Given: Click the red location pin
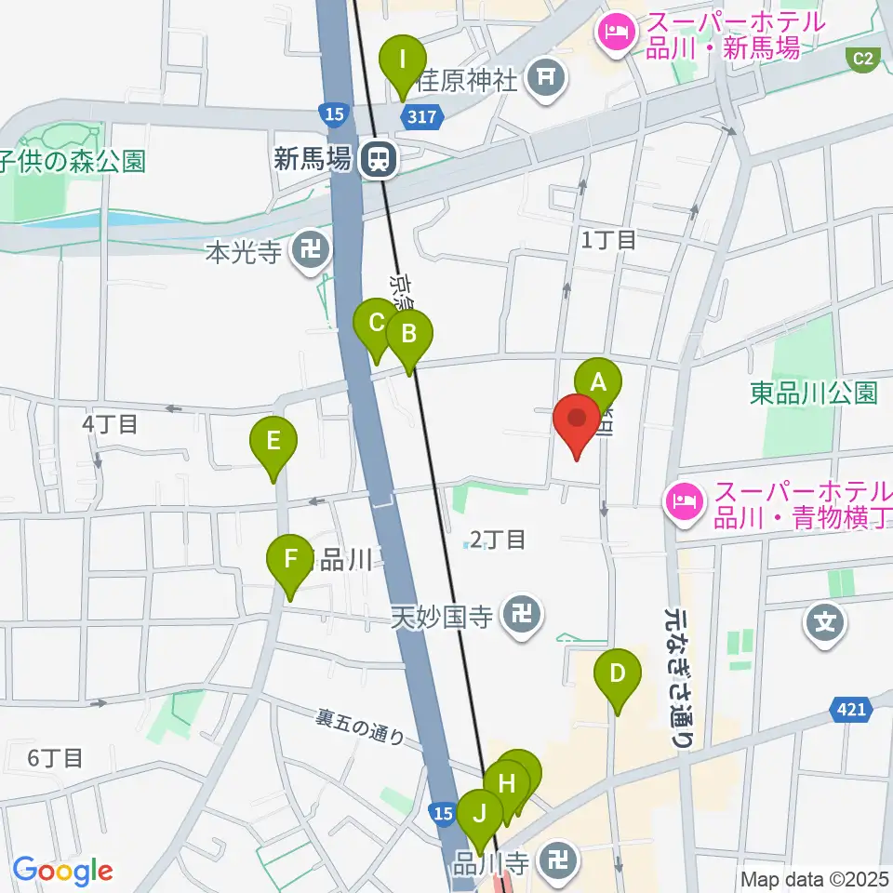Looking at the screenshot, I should coord(577,423).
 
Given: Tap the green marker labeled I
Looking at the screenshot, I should coord(403,63).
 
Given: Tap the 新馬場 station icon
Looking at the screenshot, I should coord(379,159).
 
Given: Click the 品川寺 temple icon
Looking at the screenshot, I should coord(559,858).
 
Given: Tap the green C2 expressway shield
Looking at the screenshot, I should coord(864,59).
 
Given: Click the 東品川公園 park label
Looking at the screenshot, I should coord(814,393).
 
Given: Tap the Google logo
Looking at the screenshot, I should coord(62,871).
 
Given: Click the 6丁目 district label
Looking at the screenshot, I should coord(55,758).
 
